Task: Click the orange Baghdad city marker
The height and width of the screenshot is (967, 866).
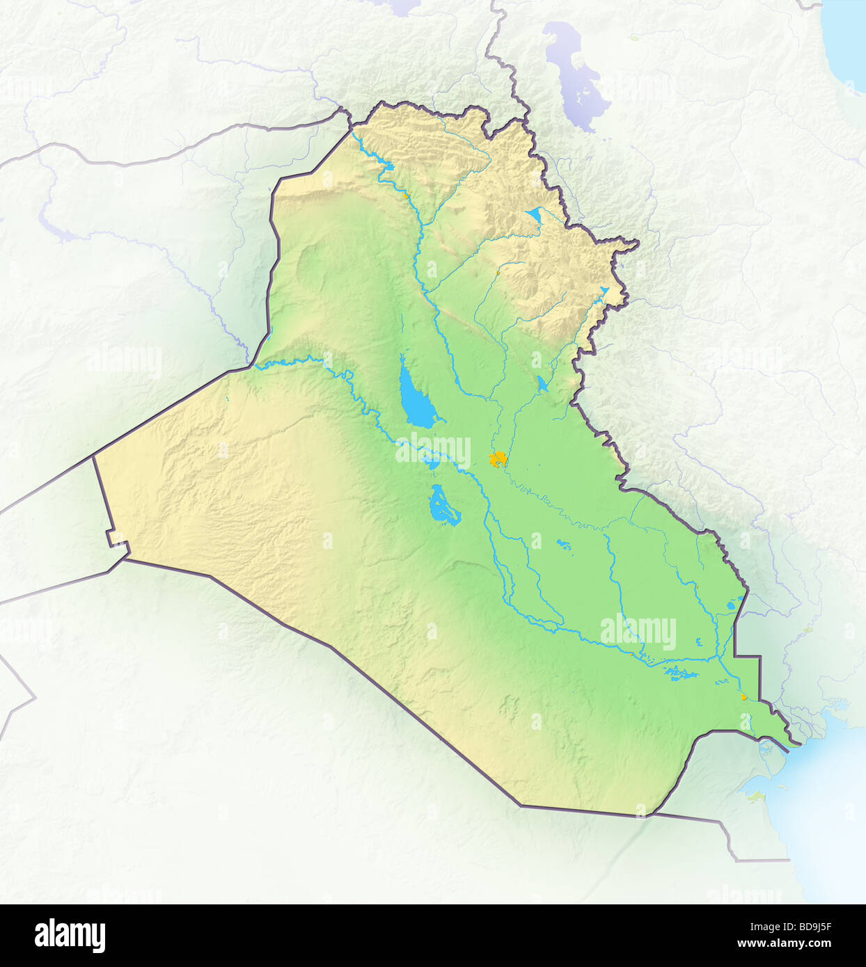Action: point(498,459)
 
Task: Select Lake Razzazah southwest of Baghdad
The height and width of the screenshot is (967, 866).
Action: point(443,506)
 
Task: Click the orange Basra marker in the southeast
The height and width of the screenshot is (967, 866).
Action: point(743,696)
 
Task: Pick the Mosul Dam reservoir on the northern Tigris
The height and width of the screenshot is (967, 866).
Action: point(385,168)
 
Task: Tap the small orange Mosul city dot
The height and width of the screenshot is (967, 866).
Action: point(406,196)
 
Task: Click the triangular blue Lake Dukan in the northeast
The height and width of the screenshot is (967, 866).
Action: point(534,214)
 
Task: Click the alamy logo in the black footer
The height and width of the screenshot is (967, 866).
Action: point(70,935)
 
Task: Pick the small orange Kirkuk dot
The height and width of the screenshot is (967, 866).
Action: point(498,273)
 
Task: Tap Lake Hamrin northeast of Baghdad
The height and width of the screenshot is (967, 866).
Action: point(542,382)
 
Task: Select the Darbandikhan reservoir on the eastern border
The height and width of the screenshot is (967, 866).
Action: point(603,291)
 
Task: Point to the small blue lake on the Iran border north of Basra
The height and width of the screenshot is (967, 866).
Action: point(732,605)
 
